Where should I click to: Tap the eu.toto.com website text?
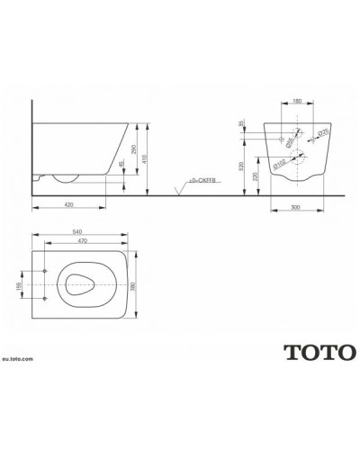tap(19, 357)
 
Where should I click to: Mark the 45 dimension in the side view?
tap(121, 166)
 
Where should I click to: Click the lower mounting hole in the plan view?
tap(43, 297)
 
